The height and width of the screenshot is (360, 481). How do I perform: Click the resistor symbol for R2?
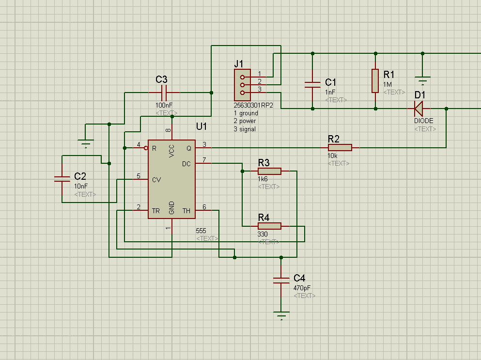click(341, 147)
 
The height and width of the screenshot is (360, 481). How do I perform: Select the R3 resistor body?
click(269, 171)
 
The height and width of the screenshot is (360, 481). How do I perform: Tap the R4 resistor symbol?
click(269, 226)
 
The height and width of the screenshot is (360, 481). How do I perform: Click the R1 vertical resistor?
click(375, 80)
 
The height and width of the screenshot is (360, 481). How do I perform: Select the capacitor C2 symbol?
click(62, 179)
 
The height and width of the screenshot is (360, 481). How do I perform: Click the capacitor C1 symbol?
click(312, 84)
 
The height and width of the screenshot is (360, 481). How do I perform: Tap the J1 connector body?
click(239, 85)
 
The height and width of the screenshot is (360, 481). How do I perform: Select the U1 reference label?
click(202, 126)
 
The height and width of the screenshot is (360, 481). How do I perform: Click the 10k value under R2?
click(333, 156)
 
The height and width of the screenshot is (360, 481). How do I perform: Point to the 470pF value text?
click(302, 288)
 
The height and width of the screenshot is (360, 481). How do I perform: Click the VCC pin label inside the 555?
click(172, 151)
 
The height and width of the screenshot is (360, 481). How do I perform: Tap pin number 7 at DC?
click(204, 160)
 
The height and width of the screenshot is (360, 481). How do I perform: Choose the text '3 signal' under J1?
click(245, 129)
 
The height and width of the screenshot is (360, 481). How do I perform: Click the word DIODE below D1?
click(424, 121)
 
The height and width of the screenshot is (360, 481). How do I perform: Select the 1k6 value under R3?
click(263, 179)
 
